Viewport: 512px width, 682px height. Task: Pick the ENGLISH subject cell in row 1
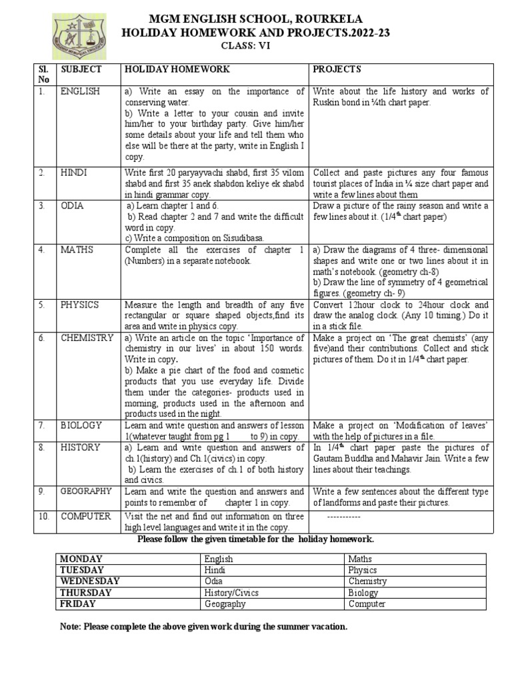(80, 92)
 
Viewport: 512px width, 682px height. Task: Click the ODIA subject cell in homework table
(72, 206)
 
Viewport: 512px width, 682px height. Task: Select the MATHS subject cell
(76, 250)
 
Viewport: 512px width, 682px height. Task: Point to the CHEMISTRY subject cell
(87, 338)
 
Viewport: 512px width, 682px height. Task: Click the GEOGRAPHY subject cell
(86, 491)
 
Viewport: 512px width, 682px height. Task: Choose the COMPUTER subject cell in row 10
(85, 516)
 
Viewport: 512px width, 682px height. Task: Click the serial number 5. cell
(41, 305)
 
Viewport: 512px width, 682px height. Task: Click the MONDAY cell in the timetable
(81, 559)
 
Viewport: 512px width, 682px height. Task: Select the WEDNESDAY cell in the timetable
(89, 581)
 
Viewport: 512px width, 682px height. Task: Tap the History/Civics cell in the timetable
(231, 593)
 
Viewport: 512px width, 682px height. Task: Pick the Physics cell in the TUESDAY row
(362, 570)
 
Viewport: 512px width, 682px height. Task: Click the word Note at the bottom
(70, 627)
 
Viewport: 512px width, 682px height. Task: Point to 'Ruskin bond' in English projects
(337, 103)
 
